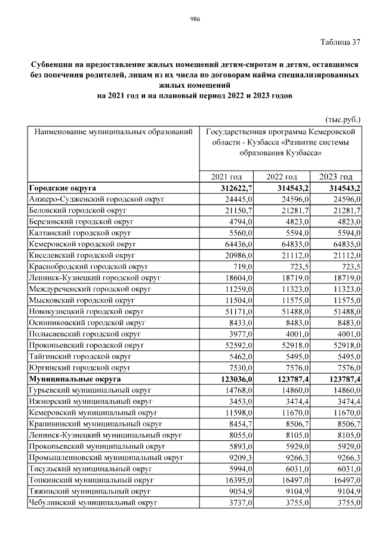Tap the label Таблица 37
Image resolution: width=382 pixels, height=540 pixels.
pyautogui.click(x=340, y=42)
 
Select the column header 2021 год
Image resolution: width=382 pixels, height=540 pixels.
pyautogui.click(x=227, y=177)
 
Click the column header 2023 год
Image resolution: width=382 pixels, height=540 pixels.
pyautogui.click(x=336, y=177)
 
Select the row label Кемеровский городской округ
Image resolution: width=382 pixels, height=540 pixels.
pyautogui.click(x=83, y=244)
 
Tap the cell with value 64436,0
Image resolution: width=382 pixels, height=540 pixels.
pyautogui.click(x=238, y=244)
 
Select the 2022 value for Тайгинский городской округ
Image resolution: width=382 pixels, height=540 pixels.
pyautogui.click(x=295, y=357)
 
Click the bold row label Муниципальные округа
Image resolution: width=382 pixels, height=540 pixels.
pyautogui.click(x=75, y=379)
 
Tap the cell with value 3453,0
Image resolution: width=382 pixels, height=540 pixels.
pyautogui.click(x=240, y=402)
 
